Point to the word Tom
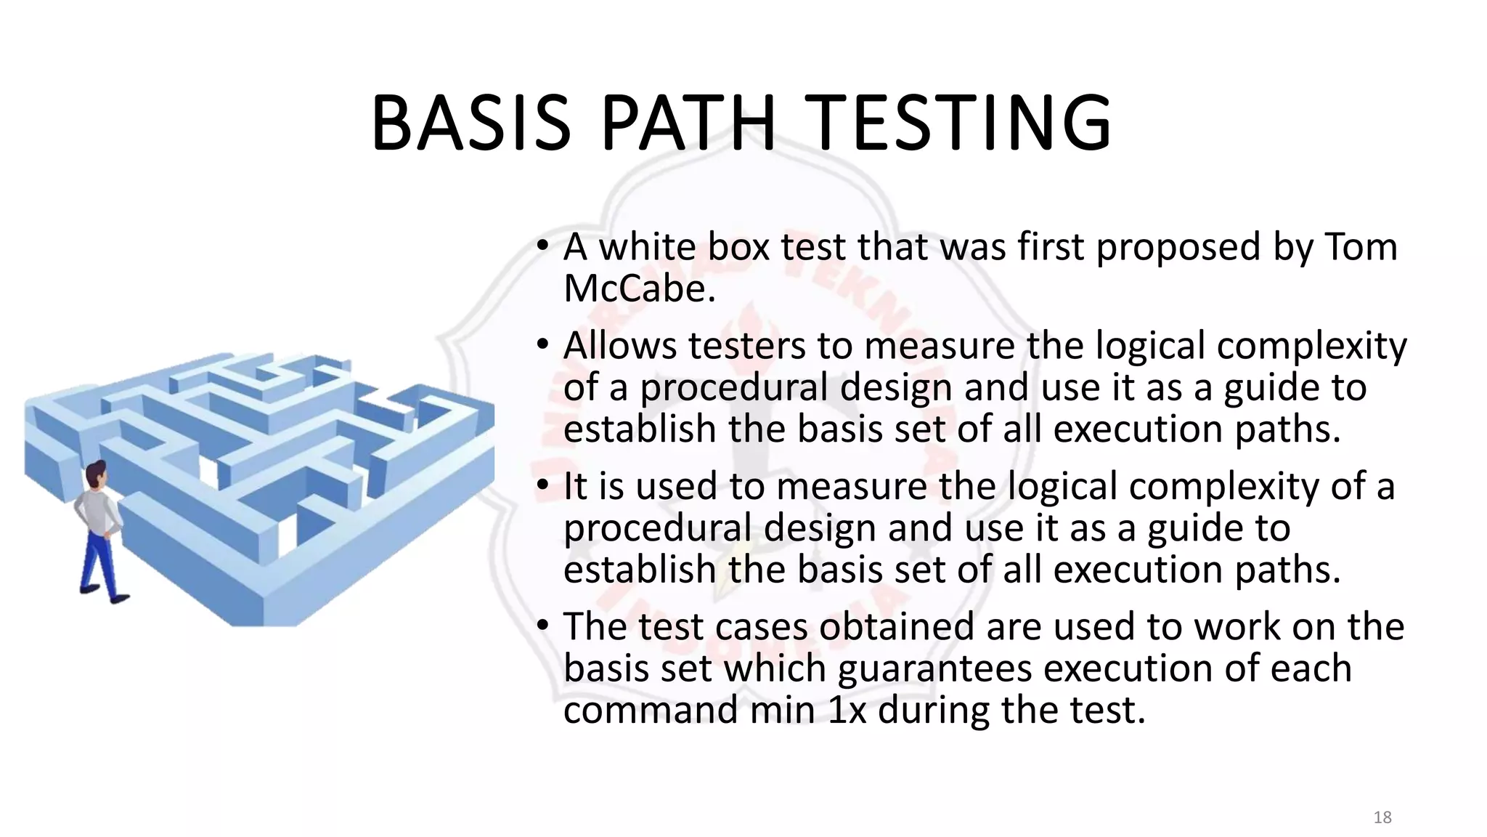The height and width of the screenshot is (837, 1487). (1361, 247)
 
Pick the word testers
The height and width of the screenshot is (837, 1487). (747, 346)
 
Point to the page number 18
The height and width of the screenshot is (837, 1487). (1382, 817)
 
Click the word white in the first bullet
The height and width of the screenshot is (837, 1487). (647, 247)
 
